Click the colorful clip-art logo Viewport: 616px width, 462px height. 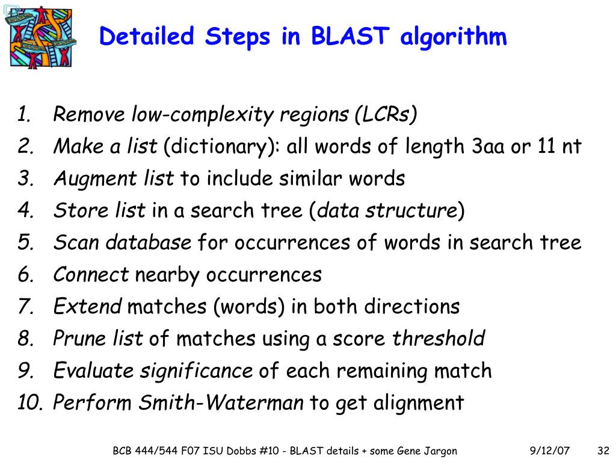pyautogui.click(x=41, y=37)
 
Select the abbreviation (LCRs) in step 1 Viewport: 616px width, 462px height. pyautogui.click(x=386, y=114)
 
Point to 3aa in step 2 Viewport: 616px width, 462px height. pyautogui.click(x=488, y=146)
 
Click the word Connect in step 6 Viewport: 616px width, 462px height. pyautogui.click(x=91, y=275)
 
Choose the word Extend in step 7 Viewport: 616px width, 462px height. pyautogui.click(x=87, y=307)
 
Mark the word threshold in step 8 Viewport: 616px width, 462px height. pyautogui.click(x=439, y=339)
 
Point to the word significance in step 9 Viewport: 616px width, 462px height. pyautogui.click(x=196, y=371)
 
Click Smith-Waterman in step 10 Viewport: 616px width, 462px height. pyautogui.click(x=221, y=402)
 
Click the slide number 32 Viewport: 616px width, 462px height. pyautogui.click(x=603, y=451)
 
